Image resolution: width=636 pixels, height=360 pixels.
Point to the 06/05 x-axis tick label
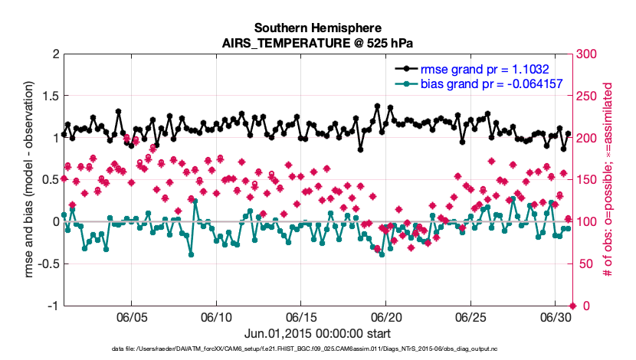(x=131, y=317)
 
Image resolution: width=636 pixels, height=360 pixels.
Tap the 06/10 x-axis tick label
(x=216, y=317)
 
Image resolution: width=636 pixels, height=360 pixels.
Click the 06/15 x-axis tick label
(x=301, y=317)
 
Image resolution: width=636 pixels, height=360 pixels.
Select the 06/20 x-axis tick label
(x=386, y=317)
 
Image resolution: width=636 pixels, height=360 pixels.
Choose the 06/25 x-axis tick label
(x=470, y=317)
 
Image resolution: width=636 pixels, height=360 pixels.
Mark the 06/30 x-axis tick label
(x=556, y=317)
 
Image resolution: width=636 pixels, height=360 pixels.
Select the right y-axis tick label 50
(x=583, y=264)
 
